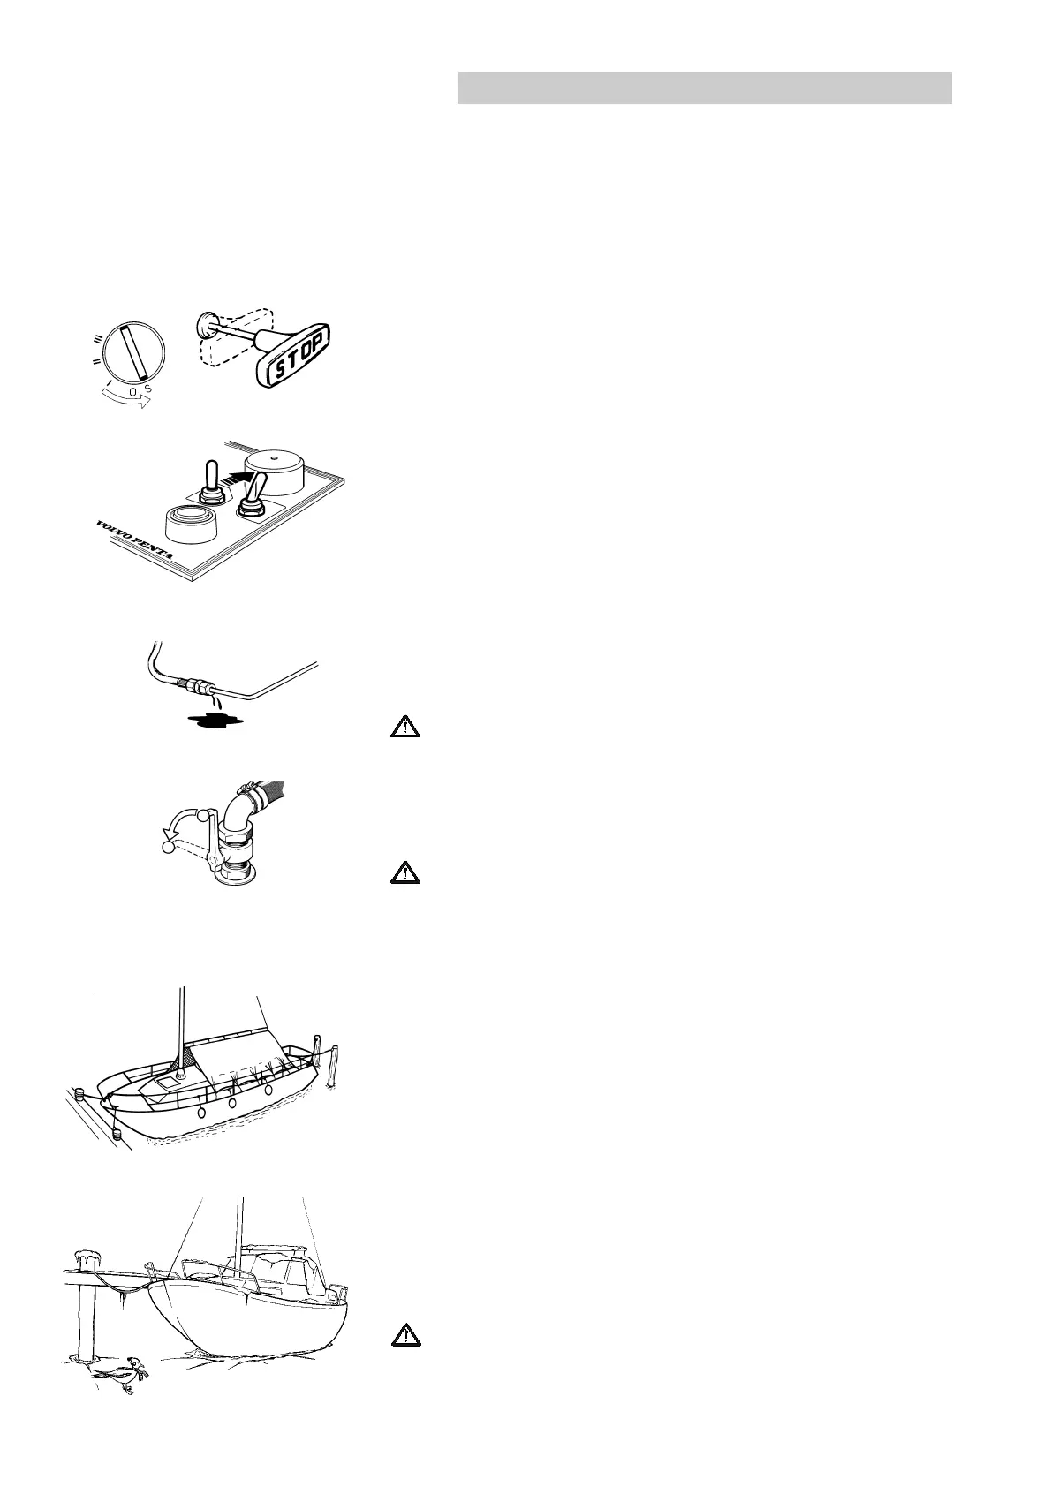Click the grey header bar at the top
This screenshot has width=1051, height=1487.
click(x=704, y=88)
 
